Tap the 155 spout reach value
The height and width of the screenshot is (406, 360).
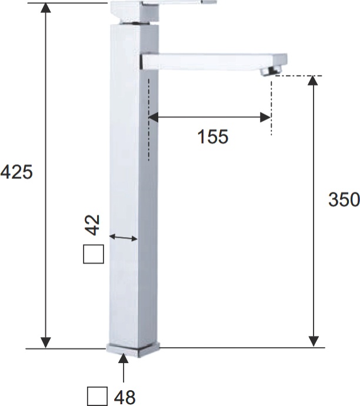[212, 137]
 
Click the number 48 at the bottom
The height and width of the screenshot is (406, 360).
[125, 396]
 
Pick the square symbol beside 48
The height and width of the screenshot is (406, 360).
[97, 396]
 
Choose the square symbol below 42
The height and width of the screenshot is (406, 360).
[93, 254]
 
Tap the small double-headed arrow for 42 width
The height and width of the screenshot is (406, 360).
[124, 238]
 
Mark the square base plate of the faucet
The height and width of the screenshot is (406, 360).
[134, 349]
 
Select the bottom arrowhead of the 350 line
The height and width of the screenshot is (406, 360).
[314, 341]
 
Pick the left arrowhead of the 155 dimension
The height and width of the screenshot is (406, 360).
[153, 117]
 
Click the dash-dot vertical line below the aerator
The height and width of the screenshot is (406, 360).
[271, 106]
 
